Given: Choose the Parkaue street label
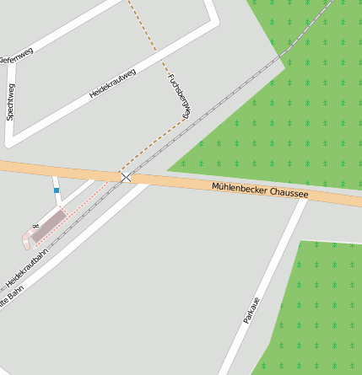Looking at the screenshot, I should coord(251,309).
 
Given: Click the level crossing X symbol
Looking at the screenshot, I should coord(126,177).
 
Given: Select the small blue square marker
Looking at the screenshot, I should coord(57,190).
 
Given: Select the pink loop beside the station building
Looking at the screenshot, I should coord(27,241).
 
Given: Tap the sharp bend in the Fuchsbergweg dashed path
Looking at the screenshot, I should coord(186,119).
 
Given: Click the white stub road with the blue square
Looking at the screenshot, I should coord(57,186).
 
